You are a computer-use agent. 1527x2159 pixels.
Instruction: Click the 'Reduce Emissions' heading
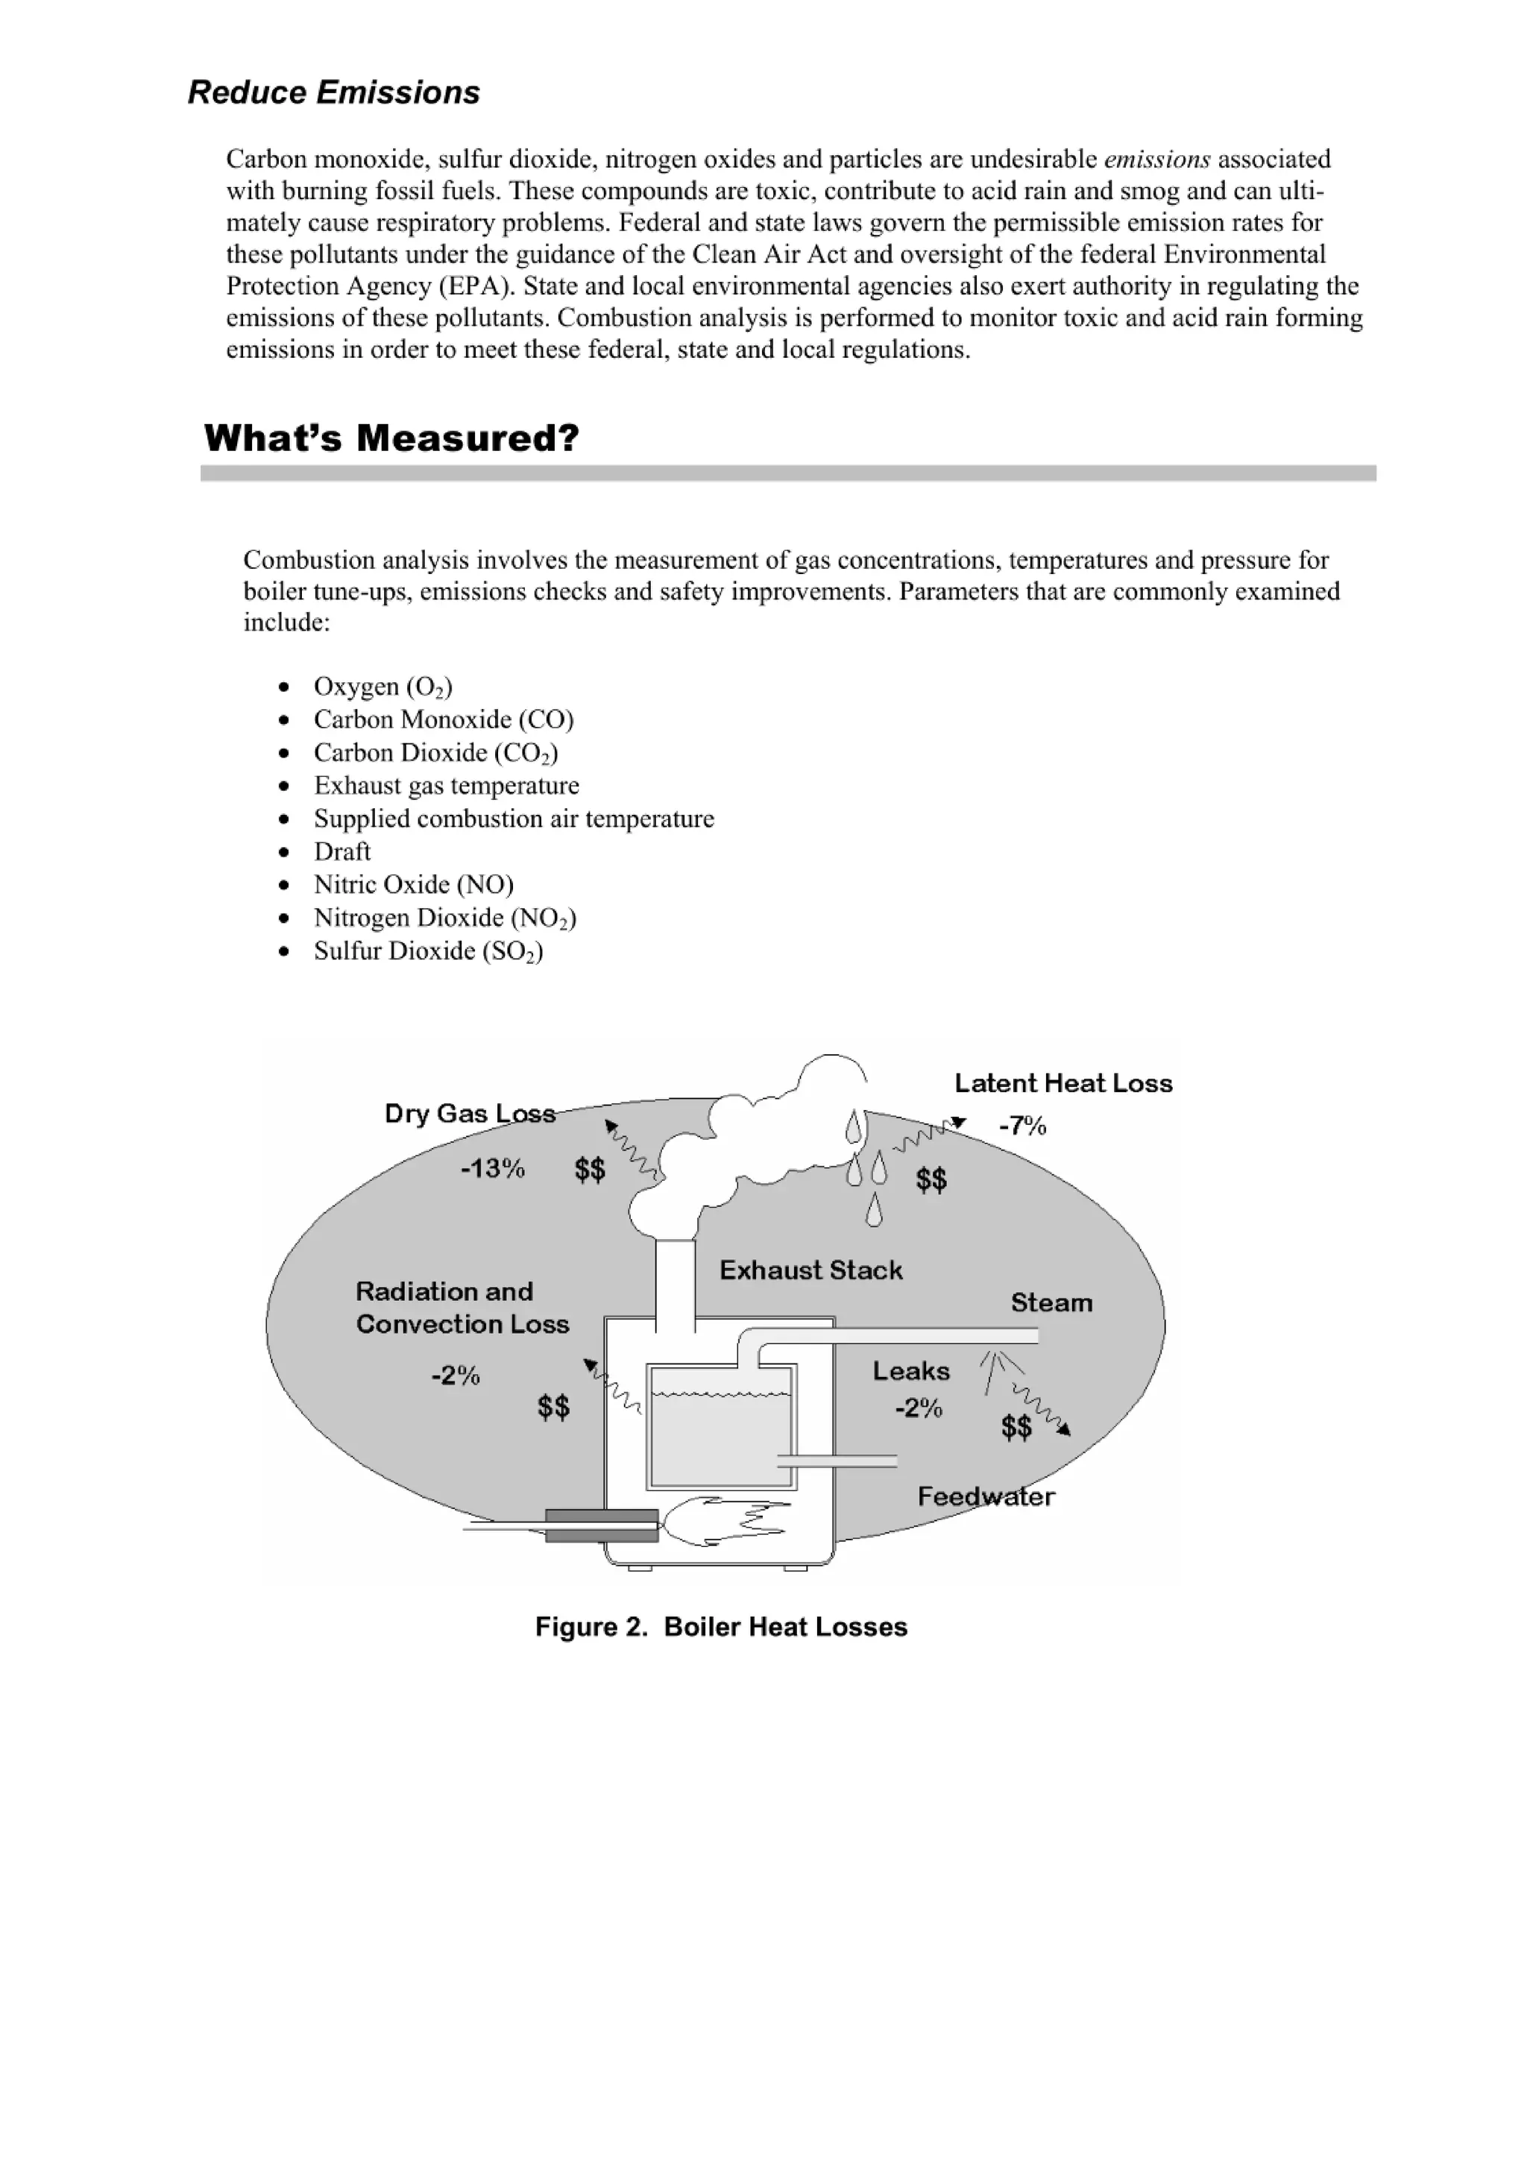tap(334, 92)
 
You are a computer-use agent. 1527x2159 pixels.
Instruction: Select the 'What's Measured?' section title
tap(391, 438)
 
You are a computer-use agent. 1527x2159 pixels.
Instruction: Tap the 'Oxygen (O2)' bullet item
tap(382, 687)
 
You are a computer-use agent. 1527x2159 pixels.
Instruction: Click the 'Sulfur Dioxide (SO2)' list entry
tap(428, 951)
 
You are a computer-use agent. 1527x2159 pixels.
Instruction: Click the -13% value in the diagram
tap(492, 1168)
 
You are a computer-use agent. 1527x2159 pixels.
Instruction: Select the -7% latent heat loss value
tap(1022, 1126)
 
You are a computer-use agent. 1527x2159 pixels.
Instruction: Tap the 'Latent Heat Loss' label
tap(1063, 1083)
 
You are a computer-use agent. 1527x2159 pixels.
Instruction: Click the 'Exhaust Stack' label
tap(810, 1270)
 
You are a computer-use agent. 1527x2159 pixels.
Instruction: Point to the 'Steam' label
tap(1051, 1302)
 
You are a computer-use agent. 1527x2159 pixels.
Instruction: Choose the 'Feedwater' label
tap(986, 1496)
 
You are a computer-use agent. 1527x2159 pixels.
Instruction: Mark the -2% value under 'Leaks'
tap(918, 1408)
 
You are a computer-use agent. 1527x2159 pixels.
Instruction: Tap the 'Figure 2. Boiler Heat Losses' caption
tap(721, 1627)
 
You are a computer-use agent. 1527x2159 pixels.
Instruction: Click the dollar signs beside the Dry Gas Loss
tap(590, 1170)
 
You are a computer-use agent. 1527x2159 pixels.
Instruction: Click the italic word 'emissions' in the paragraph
tap(1156, 159)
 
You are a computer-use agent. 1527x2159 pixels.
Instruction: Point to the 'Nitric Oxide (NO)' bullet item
tap(413, 884)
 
